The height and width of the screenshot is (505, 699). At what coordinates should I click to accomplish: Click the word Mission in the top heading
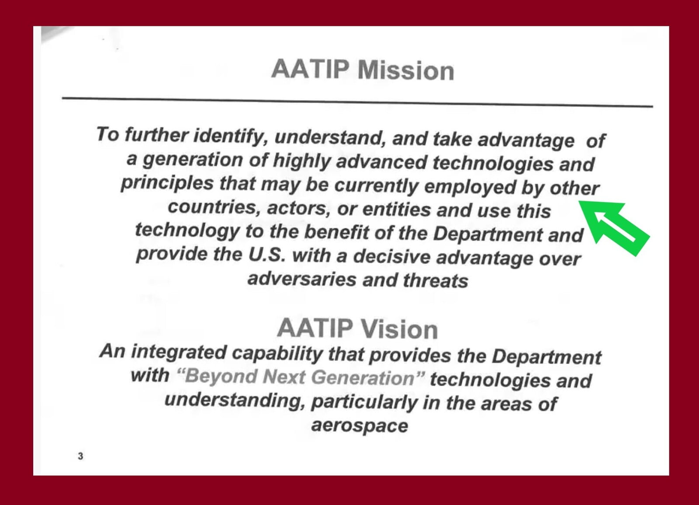tap(406, 70)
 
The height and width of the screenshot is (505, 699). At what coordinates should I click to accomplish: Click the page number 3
tap(80, 456)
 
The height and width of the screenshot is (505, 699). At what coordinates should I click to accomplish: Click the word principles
tap(167, 184)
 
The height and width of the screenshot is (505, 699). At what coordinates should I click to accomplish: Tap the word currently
tap(376, 186)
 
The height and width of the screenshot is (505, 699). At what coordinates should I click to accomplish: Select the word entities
tap(396, 209)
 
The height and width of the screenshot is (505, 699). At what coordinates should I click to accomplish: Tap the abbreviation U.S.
tap(267, 255)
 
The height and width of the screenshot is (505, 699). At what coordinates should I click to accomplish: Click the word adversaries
tap(302, 279)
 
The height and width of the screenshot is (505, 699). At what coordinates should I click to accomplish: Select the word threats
tap(435, 280)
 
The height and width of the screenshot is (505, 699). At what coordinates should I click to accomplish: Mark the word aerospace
tap(360, 426)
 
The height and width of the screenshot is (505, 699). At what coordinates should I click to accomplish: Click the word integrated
tap(179, 352)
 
